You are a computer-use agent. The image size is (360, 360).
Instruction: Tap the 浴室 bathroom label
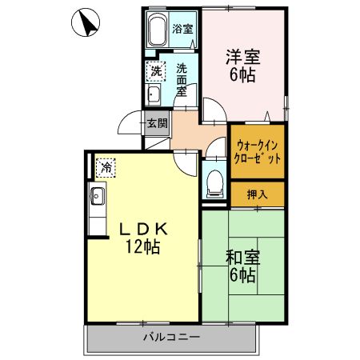[183, 30]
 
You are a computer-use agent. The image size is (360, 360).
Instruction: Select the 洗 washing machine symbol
[154, 71]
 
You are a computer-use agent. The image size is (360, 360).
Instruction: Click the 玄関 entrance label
[158, 123]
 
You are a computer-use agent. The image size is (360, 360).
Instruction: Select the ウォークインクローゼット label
[258, 151]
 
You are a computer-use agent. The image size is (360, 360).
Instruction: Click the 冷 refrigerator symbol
[105, 168]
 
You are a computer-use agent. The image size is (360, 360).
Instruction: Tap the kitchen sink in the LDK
[98, 195]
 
